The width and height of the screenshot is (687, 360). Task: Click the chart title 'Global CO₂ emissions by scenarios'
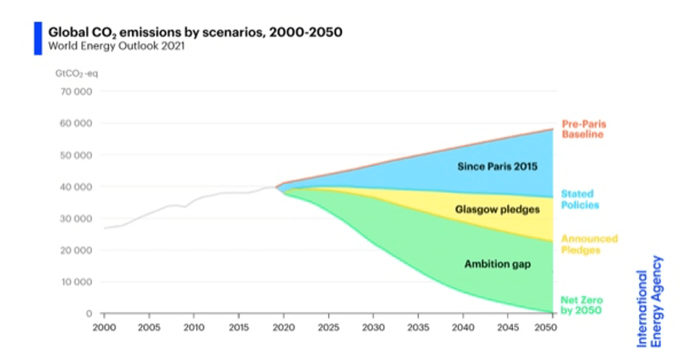coord(195,33)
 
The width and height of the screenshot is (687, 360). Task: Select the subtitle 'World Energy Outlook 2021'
coord(116,46)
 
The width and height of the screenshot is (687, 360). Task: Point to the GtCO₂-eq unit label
coord(76,74)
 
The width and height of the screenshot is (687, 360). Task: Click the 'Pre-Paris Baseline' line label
coord(584,129)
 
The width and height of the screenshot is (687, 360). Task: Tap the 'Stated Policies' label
coord(580,200)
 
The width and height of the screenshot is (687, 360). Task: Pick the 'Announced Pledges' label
coord(589,244)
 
